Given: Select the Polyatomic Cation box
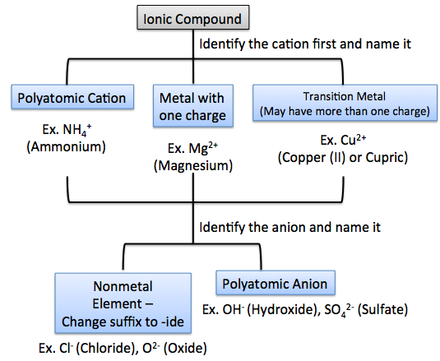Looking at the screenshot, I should point(70,99).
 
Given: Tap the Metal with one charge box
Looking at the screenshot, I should point(193,107).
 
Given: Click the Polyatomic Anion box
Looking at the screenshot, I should point(275,285).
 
